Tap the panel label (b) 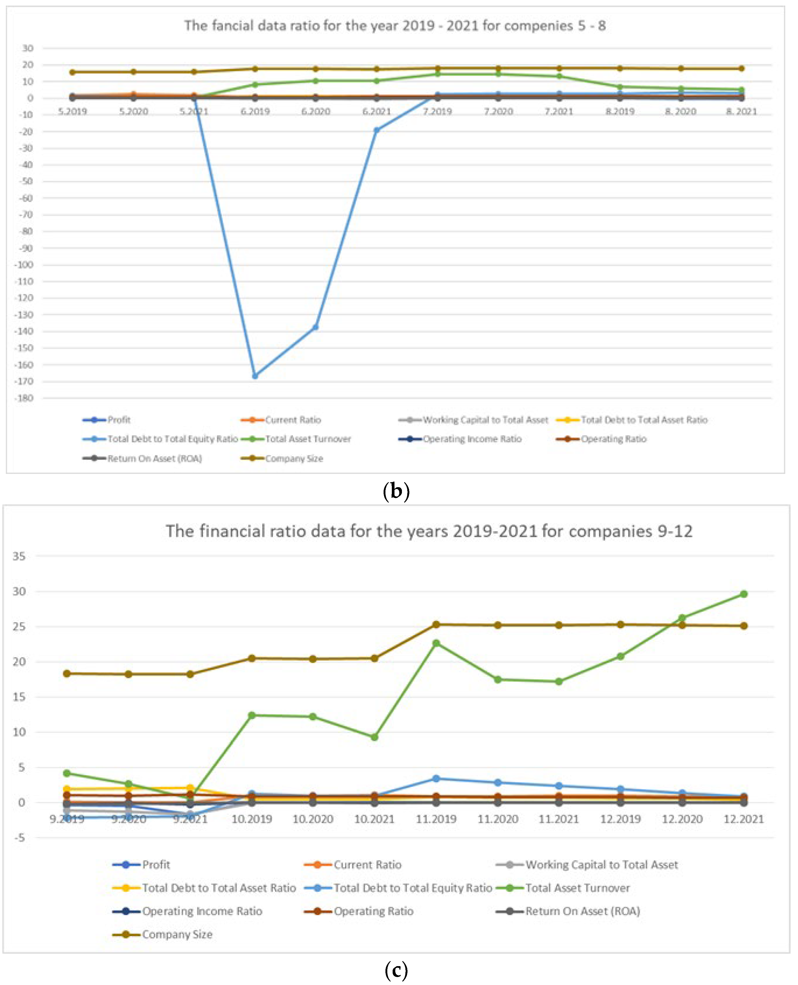(x=396, y=491)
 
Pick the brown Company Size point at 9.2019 (x=67, y=674)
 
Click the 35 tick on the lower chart (x=19, y=556)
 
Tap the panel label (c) (x=396, y=970)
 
